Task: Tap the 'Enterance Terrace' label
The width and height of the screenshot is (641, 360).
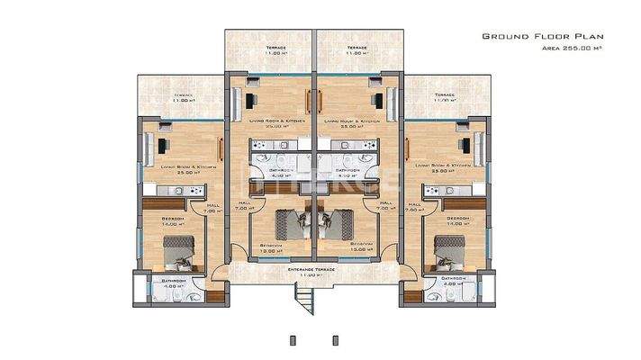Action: tap(311, 269)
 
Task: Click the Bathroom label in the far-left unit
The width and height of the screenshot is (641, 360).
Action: tap(174, 281)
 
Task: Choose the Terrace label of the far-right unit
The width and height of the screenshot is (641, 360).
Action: tap(444, 95)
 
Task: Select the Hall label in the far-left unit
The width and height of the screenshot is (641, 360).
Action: tap(212, 206)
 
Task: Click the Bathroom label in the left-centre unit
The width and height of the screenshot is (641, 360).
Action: tap(281, 170)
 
